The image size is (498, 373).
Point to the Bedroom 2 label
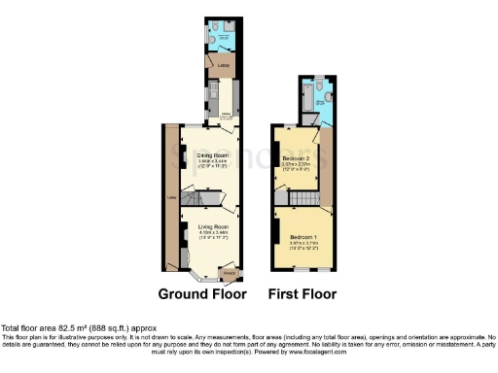(296, 157)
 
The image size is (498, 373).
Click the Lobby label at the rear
(210, 67)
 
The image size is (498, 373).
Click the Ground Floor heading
(203, 293)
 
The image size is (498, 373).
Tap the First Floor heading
(302, 293)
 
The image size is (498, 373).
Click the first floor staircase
(304, 199)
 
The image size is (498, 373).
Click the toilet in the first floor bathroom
(329, 98)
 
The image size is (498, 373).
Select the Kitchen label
(226, 114)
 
